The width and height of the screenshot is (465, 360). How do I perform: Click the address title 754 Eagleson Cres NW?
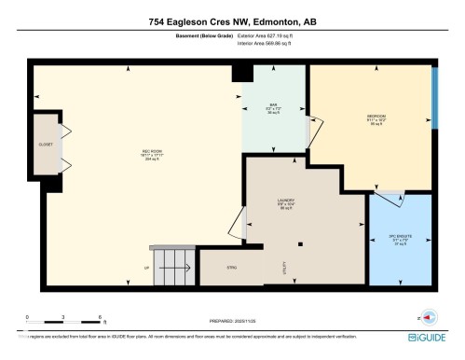(232, 21)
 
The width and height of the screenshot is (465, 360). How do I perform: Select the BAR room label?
(274, 107)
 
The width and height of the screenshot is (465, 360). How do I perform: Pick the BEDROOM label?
(376, 118)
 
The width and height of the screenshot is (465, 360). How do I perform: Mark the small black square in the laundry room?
(300, 244)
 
